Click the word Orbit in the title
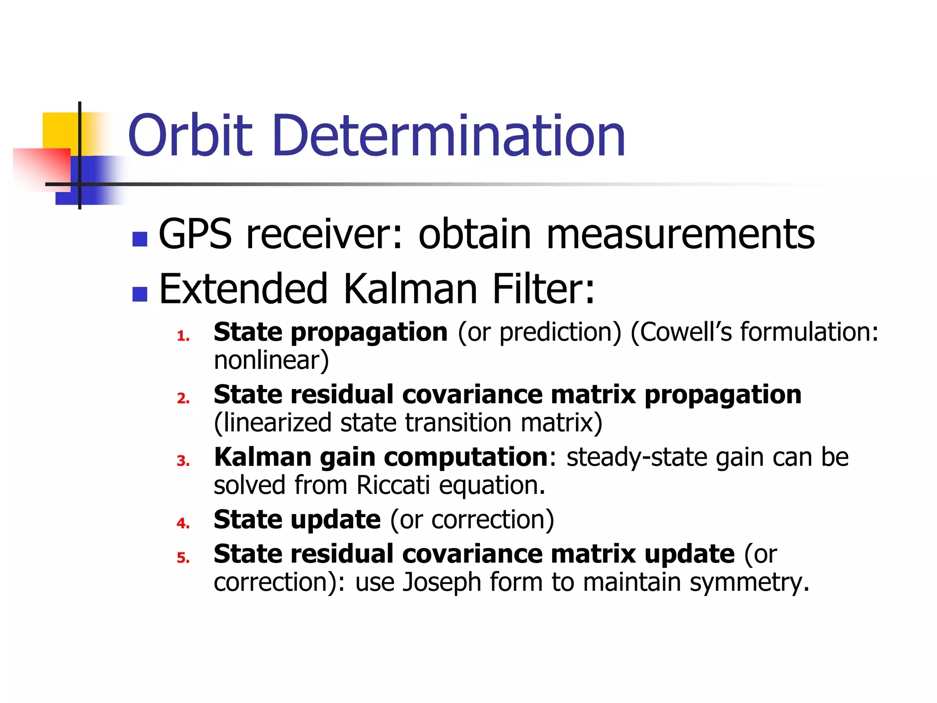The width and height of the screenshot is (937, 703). pyautogui.click(x=190, y=136)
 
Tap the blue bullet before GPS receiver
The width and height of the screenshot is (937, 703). pyautogui.click(x=140, y=239)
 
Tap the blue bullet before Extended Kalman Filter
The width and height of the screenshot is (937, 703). pyautogui.click(x=140, y=294)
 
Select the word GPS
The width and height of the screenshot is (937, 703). pyautogui.click(x=195, y=234)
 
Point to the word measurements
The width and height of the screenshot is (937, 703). pyautogui.click(x=680, y=234)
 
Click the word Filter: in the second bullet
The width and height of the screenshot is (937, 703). pyautogui.click(x=544, y=289)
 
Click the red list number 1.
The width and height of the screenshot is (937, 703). pyautogui.click(x=183, y=336)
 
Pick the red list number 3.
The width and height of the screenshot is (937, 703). pyautogui.click(x=183, y=461)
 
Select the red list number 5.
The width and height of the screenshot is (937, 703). pyautogui.click(x=183, y=558)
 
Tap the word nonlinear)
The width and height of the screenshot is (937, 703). pyautogui.click(x=271, y=360)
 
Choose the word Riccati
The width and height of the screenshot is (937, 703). pyautogui.click(x=393, y=485)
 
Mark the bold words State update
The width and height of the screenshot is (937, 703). pyautogui.click(x=297, y=520)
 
